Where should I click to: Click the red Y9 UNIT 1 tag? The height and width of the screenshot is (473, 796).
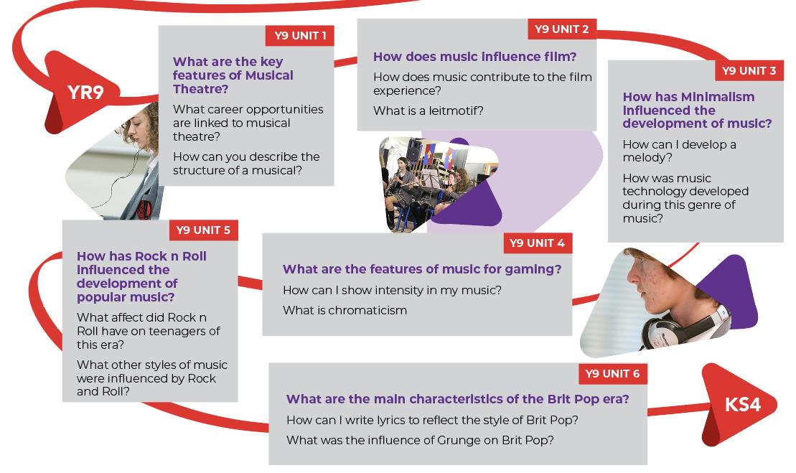[x=300, y=36]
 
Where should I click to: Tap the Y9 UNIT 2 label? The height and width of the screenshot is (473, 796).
[x=562, y=29]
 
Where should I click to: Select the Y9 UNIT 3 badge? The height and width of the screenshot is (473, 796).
[x=749, y=70]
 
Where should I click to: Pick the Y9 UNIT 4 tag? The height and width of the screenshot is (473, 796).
[x=537, y=243]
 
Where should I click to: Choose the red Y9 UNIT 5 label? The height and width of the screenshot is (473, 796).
[x=203, y=230]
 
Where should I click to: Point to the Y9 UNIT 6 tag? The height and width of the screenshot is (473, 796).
[x=612, y=374]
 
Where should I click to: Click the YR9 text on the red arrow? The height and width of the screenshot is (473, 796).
[x=85, y=93]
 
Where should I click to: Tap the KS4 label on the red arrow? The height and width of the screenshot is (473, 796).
[x=742, y=405]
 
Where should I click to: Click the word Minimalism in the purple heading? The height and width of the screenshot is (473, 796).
[x=717, y=97]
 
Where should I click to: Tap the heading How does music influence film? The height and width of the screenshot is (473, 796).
[x=474, y=57]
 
